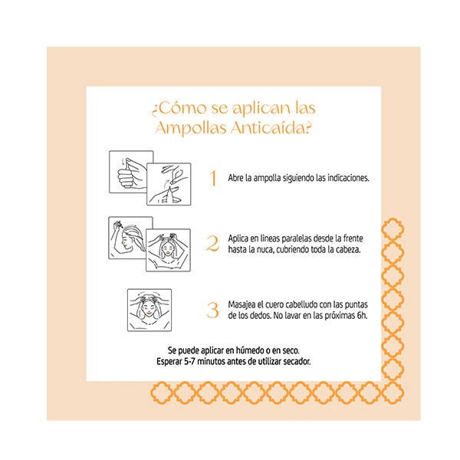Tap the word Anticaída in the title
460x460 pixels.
(271, 128)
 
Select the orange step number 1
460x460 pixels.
(213, 178)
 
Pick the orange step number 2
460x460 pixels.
(212, 244)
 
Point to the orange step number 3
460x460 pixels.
(212, 310)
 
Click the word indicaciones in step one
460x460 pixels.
(348, 178)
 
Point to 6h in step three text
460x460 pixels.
(362, 316)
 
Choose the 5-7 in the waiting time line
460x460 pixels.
(190, 361)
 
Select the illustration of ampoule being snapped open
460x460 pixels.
(169, 184)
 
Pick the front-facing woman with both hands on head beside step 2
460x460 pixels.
(169, 250)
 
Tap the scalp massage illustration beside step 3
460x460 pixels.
(149, 310)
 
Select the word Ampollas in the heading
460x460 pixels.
(191, 128)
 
